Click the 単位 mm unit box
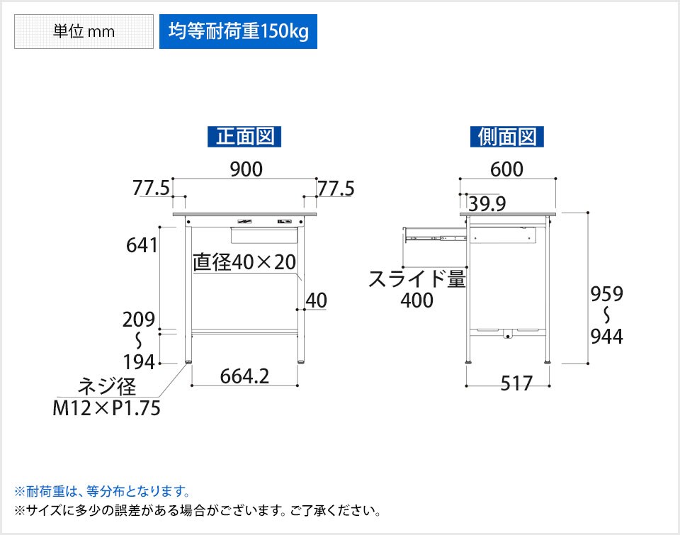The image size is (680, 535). (x=84, y=31)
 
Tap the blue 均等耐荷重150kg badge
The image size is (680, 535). (x=238, y=31)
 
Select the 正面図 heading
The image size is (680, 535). (x=244, y=136)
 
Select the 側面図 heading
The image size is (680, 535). (x=507, y=136)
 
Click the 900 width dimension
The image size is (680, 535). (x=246, y=169)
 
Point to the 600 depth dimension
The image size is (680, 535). (x=506, y=169)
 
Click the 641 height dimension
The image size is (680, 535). (x=142, y=245)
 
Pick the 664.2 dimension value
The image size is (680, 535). (x=244, y=376)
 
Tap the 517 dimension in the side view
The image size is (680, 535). (x=516, y=383)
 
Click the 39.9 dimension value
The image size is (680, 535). (x=487, y=203)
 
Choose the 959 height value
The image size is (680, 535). (x=607, y=294)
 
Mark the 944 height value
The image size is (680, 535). (x=607, y=337)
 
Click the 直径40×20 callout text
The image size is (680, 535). (x=244, y=262)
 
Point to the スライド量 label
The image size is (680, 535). (x=416, y=278)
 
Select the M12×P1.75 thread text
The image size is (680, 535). (x=106, y=408)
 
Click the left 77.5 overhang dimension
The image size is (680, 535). (x=151, y=188)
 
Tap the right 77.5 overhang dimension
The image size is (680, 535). (x=336, y=188)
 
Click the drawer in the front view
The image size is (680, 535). (x=263, y=235)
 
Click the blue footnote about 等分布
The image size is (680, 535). (x=102, y=492)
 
